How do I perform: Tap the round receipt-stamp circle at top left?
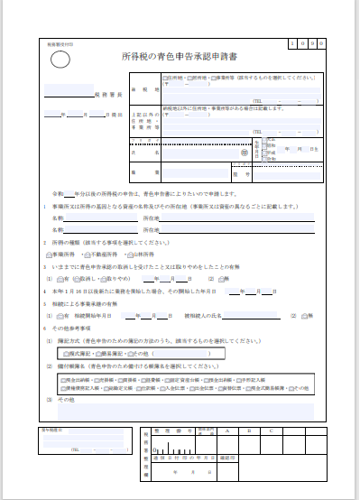pos(60,60)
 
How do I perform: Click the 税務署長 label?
pos(106,93)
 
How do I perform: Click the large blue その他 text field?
pos(180,410)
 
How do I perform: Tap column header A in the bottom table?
pos(229,431)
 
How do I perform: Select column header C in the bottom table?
pos(272,431)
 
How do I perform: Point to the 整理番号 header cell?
pos(165,431)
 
